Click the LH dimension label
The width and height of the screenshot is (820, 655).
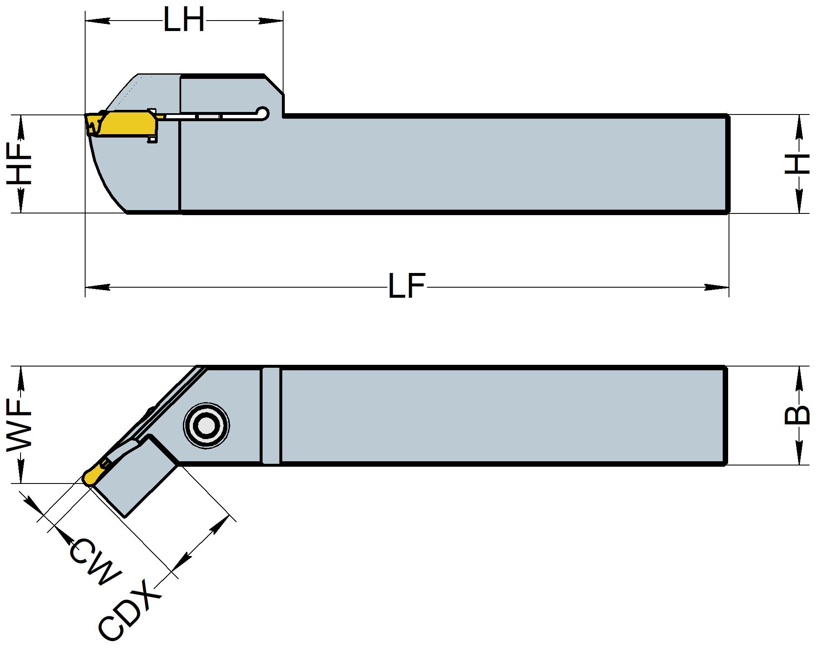click(183, 20)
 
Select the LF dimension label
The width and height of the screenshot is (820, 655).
click(406, 286)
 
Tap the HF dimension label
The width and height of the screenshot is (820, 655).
click(20, 164)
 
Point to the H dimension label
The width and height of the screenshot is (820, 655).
click(797, 164)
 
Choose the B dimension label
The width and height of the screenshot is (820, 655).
click(797, 416)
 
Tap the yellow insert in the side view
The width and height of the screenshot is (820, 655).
click(126, 123)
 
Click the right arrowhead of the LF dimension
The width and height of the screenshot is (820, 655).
click(717, 287)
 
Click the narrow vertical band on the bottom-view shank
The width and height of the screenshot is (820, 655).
click(271, 416)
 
